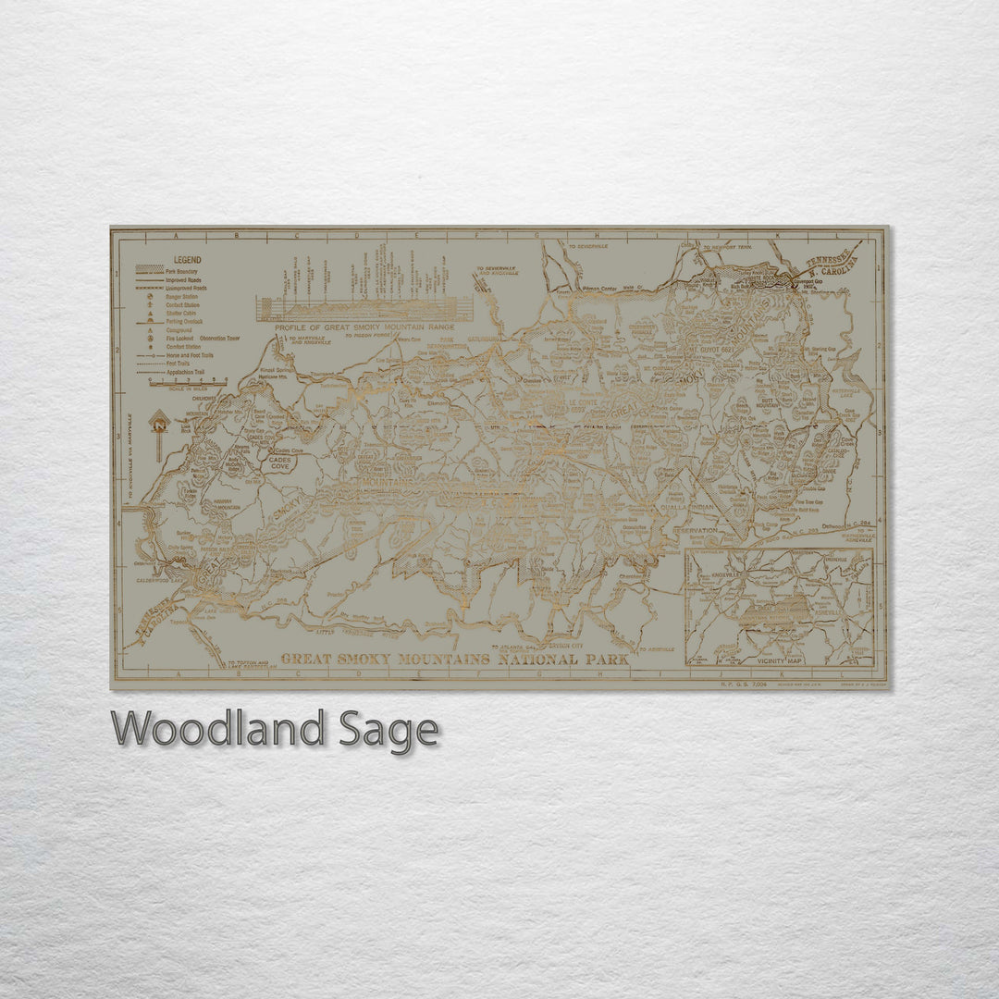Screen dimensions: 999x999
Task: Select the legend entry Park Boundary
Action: click(189, 271)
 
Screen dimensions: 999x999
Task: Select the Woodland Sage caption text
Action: click(275, 730)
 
